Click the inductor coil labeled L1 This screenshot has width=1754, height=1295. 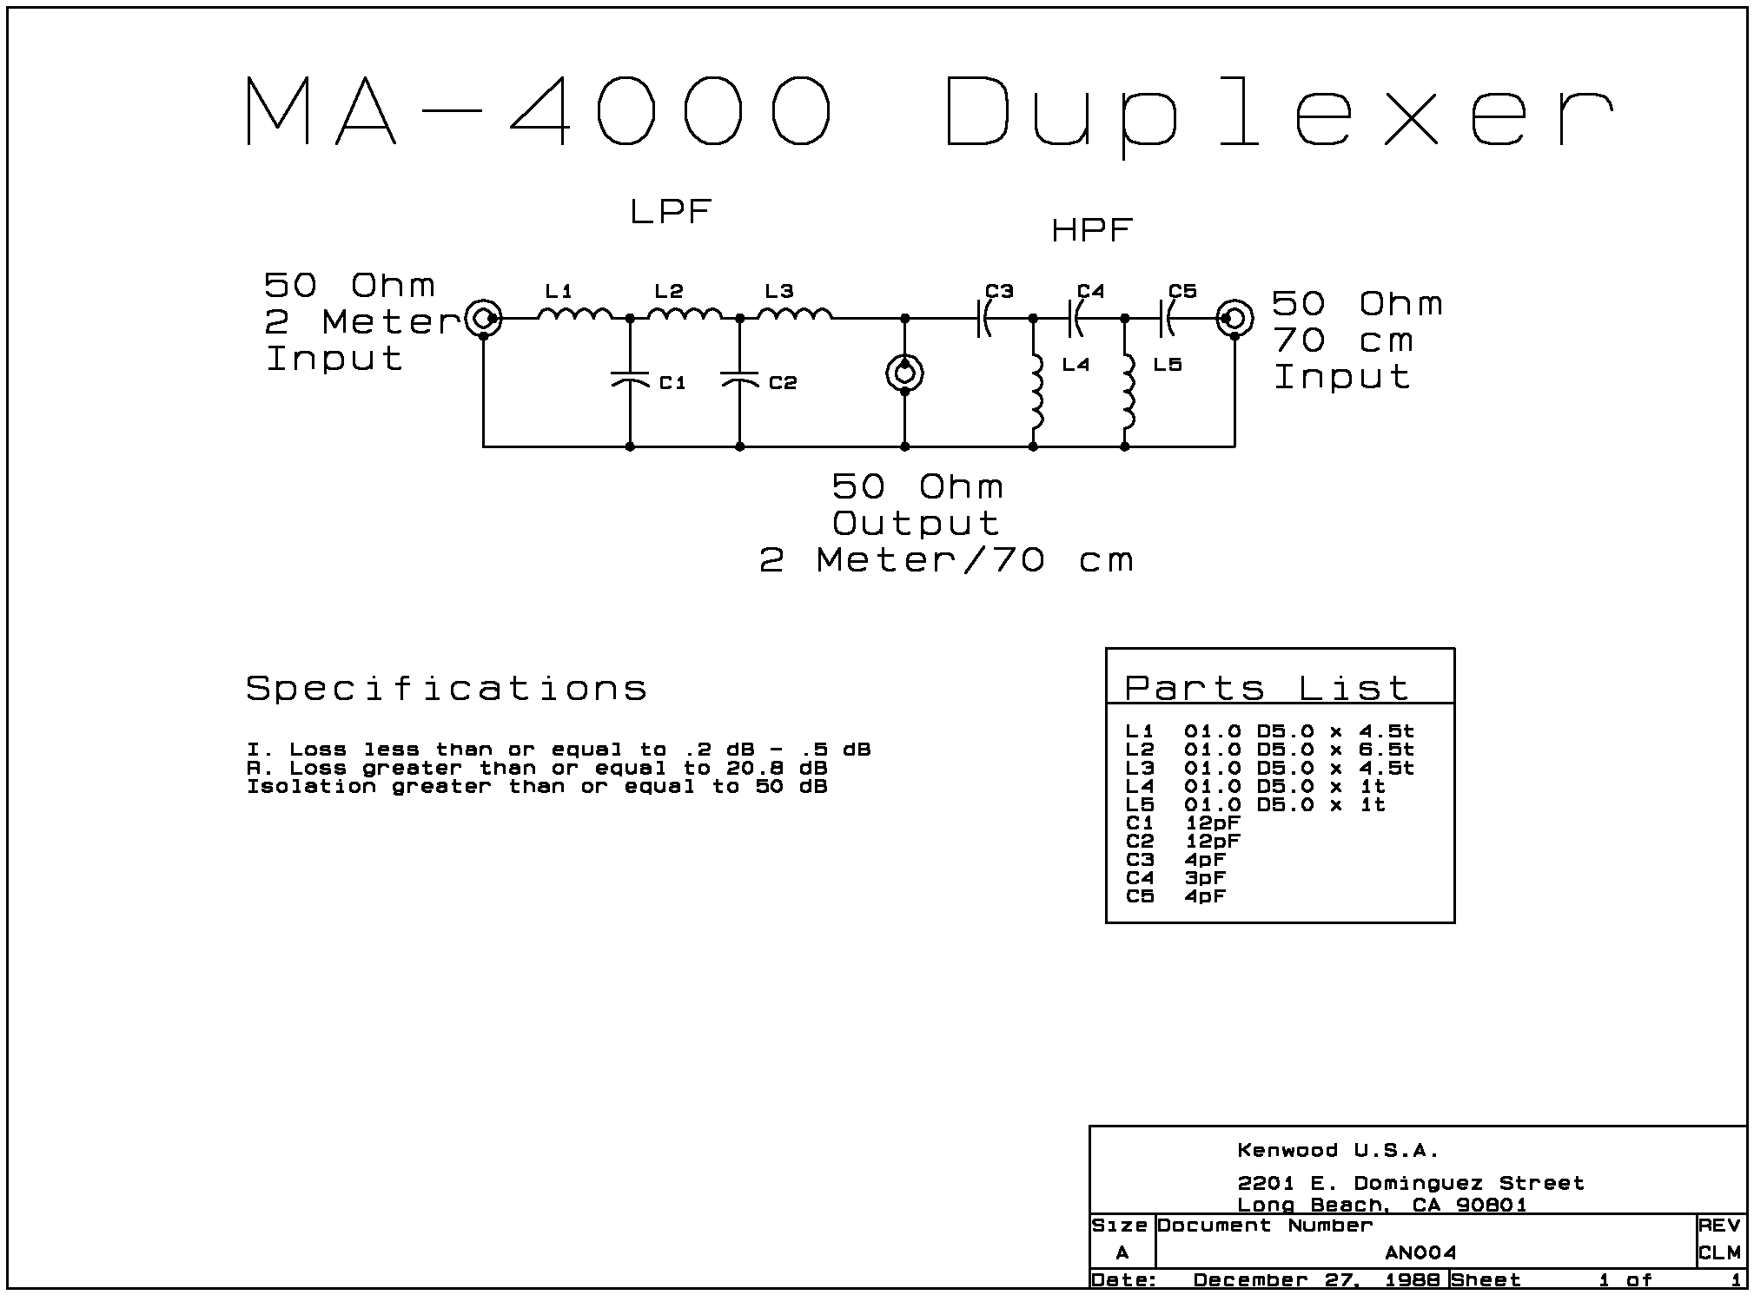tap(574, 314)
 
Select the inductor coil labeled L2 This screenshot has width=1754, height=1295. tap(685, 314)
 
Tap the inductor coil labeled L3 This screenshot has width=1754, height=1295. tap(795, 314)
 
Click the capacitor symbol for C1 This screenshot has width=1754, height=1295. tap(630, 380)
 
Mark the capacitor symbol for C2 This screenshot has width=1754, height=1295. tap(739, 380)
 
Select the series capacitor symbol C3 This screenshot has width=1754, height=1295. tap(984, 319)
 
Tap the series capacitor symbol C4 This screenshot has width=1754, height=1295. tap(1076, 319)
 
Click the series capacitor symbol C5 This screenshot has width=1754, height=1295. tap(1167, 319)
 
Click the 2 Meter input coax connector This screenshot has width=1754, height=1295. tap(483, 319)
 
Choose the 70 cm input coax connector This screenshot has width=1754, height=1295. tap(1234, 319)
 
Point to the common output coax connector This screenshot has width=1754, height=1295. tap(904, 374)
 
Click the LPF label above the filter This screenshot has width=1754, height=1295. tap(671, 211)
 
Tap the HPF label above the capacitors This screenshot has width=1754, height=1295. tap(1091, 230)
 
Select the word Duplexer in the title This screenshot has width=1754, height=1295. tap(1277, 113)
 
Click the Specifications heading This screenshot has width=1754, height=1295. tap(447, 689)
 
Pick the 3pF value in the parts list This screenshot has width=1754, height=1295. tap(1204, 877)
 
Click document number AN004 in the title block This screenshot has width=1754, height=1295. tap(1420, 1252)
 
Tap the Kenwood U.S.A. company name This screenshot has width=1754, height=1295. tap(1338, 1151)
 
